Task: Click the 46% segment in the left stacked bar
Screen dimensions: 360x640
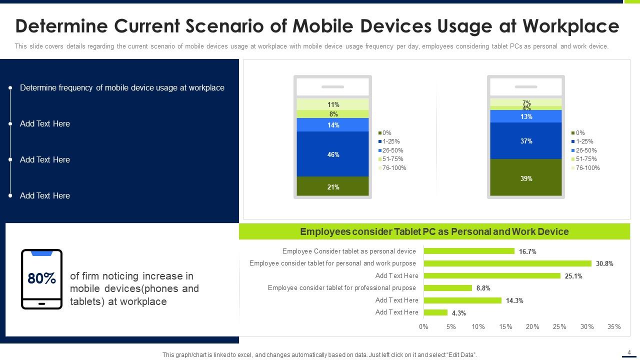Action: point(333,154)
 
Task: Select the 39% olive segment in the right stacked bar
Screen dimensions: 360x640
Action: point(526,177)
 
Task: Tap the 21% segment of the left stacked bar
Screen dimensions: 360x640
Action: point(333,186)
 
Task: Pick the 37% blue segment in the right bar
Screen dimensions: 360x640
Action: point(526,141)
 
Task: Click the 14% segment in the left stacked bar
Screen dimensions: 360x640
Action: point(333,125)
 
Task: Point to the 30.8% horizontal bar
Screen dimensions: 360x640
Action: point(507,263)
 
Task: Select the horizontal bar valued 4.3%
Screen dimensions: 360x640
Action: point(435,312)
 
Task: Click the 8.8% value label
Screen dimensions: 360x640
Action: point(483,288)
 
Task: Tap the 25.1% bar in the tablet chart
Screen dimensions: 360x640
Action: point(492,275)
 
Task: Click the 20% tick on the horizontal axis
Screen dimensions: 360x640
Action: point(532,326)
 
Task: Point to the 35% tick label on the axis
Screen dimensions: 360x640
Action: point(614,326)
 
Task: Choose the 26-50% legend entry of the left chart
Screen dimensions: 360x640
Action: point(392,150)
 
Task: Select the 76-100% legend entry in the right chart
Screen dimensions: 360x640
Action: point(587,168)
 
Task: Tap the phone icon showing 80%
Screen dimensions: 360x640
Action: point(42,279)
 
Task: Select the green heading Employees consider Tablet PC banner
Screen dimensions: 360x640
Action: point(434,231)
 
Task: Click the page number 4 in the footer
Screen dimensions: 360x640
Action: point(629,352)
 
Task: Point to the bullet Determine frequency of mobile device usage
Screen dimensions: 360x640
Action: point(122,88)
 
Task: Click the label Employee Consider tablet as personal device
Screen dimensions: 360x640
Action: point(349,251)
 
